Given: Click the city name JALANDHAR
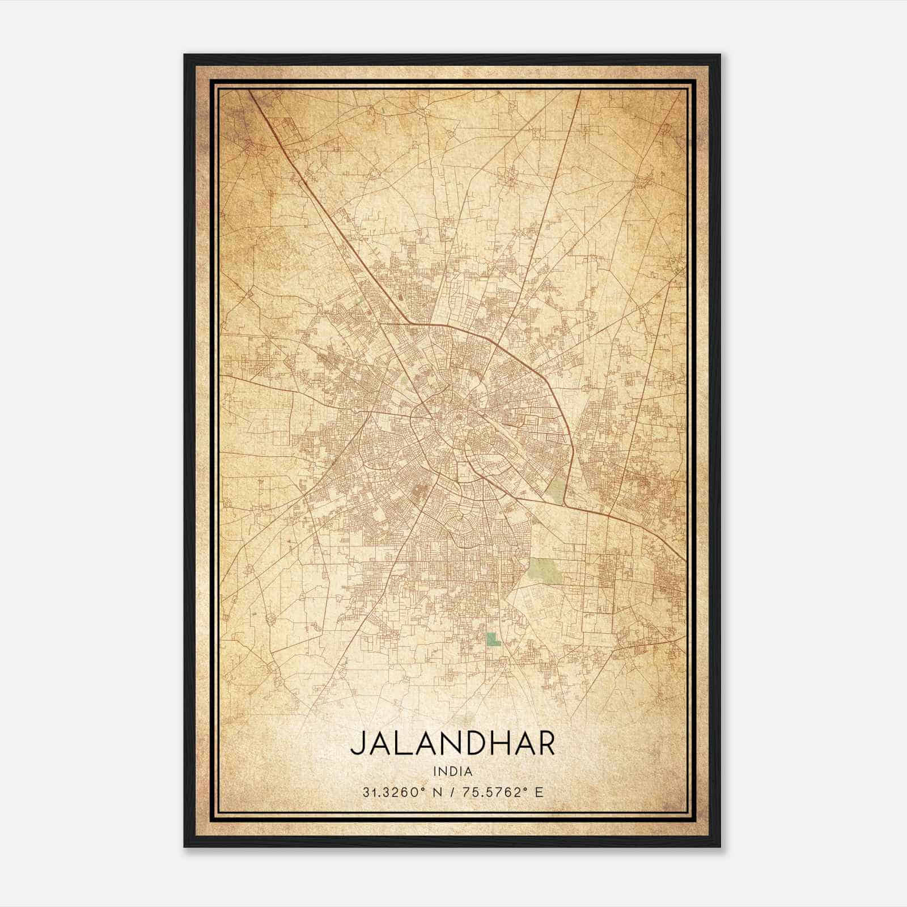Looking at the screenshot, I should pos(452,743).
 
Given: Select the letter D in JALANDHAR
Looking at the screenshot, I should pos(474,743).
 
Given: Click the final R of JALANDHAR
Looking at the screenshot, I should pos(545,743).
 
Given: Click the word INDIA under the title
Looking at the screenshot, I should pos(452,772).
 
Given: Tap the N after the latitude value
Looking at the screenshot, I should pos(435,792).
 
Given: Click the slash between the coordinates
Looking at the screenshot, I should pos(452,792).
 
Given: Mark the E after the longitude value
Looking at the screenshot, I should pos(539,792).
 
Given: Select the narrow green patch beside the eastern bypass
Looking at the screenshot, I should pos(558,488).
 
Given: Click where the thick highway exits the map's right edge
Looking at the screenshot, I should pos(685,561).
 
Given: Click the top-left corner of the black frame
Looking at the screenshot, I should pos(185,55).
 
